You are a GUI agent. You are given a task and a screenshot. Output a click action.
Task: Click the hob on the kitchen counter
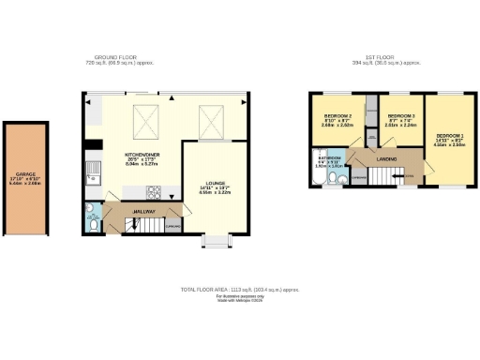(x=152, y=193)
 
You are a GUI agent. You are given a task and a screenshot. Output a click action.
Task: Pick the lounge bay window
(x=215, y=241)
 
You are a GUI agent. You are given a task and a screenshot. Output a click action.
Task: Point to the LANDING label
(x=386, y=159)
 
